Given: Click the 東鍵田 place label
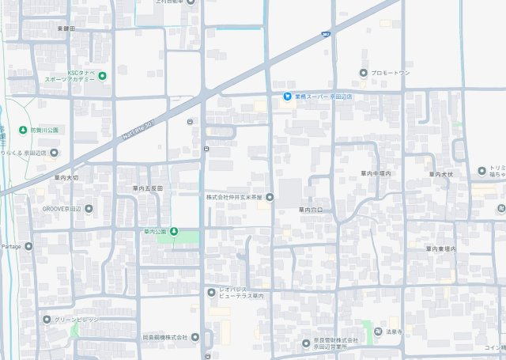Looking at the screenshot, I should [66, 28].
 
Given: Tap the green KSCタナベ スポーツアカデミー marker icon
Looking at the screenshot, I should [102, 76].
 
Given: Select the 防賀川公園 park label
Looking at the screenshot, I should [43, 129].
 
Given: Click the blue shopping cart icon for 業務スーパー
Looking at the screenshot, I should [287, 97].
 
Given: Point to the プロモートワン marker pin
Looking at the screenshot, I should [363, 73].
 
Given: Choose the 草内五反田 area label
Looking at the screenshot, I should [147, 188].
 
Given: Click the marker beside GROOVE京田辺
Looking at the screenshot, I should [88, 209].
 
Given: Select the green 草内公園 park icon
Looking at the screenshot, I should [174, 232].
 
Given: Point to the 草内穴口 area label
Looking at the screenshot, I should [310, 210].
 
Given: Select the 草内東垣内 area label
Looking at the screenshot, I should [441, 248].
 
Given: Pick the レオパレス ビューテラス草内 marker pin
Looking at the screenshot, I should [211, 293].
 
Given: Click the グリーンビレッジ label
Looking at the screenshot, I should [77, 320].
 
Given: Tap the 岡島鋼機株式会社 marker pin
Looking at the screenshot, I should [194, 337].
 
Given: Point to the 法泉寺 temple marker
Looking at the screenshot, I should [377, 332].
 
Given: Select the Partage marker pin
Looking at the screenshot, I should [28, 246].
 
